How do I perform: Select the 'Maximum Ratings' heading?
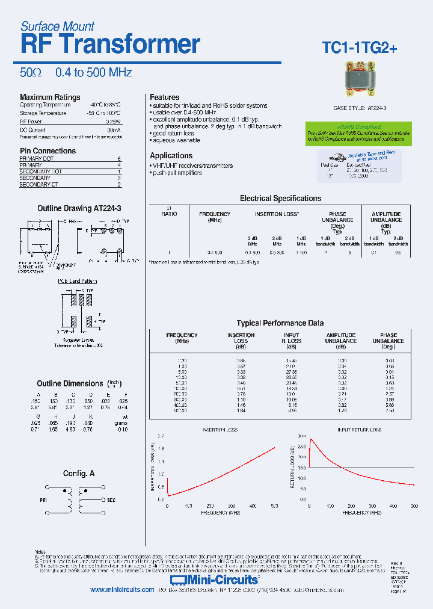pyautogui.click(x=50, y=97)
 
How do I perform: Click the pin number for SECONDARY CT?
pyautogui.click(x=119, y=185)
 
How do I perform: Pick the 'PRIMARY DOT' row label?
pyautogui.click(x=37, y=158)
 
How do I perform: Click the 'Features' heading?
pyautogui.click(x=164, y=97)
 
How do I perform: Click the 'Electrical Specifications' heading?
pyautogui.click(x=280, y=199)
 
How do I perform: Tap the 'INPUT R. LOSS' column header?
pyautogui.click(x=292, y=341)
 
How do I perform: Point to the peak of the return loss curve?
pyautogui.click(x=311, y=439)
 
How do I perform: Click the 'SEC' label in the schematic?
pyautogui.click(x=111, y=500)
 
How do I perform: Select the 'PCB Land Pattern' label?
pyautogui.click(x=77, y=282)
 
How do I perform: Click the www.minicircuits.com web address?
pyautogui.click(x=122, y=590)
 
